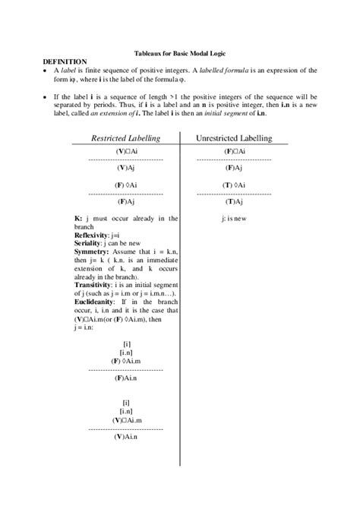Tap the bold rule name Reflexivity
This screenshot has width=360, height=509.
coord(90,236)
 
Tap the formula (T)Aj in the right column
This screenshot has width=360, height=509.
coord(233,202)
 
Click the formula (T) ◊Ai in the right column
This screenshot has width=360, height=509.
coord(233,185)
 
